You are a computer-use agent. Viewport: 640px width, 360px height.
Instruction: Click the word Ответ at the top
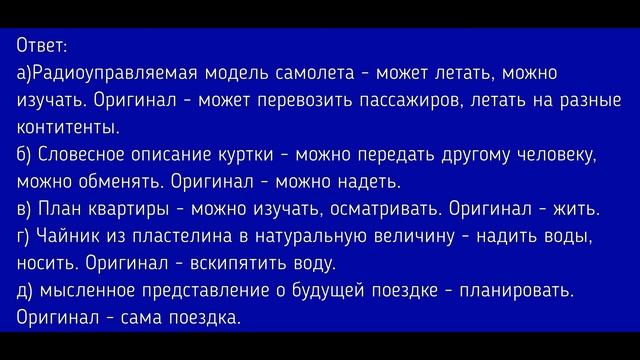pos(41,46)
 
